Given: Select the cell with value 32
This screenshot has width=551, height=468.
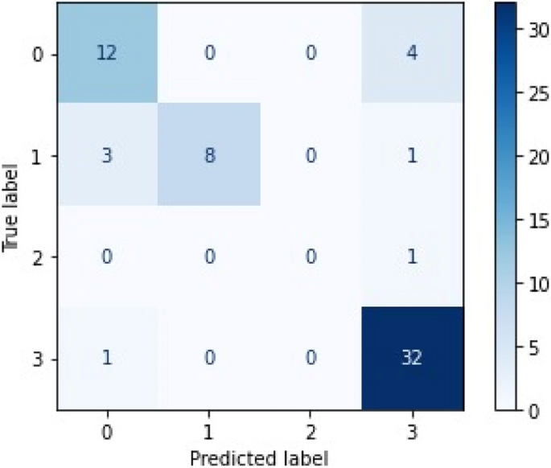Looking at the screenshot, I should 412,358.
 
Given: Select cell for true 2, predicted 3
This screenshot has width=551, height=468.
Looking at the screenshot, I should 412,257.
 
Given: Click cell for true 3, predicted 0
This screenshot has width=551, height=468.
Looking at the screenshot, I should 105,358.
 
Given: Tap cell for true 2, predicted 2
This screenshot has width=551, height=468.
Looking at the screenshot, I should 310,257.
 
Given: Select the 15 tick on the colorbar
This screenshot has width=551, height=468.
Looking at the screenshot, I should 537,220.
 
